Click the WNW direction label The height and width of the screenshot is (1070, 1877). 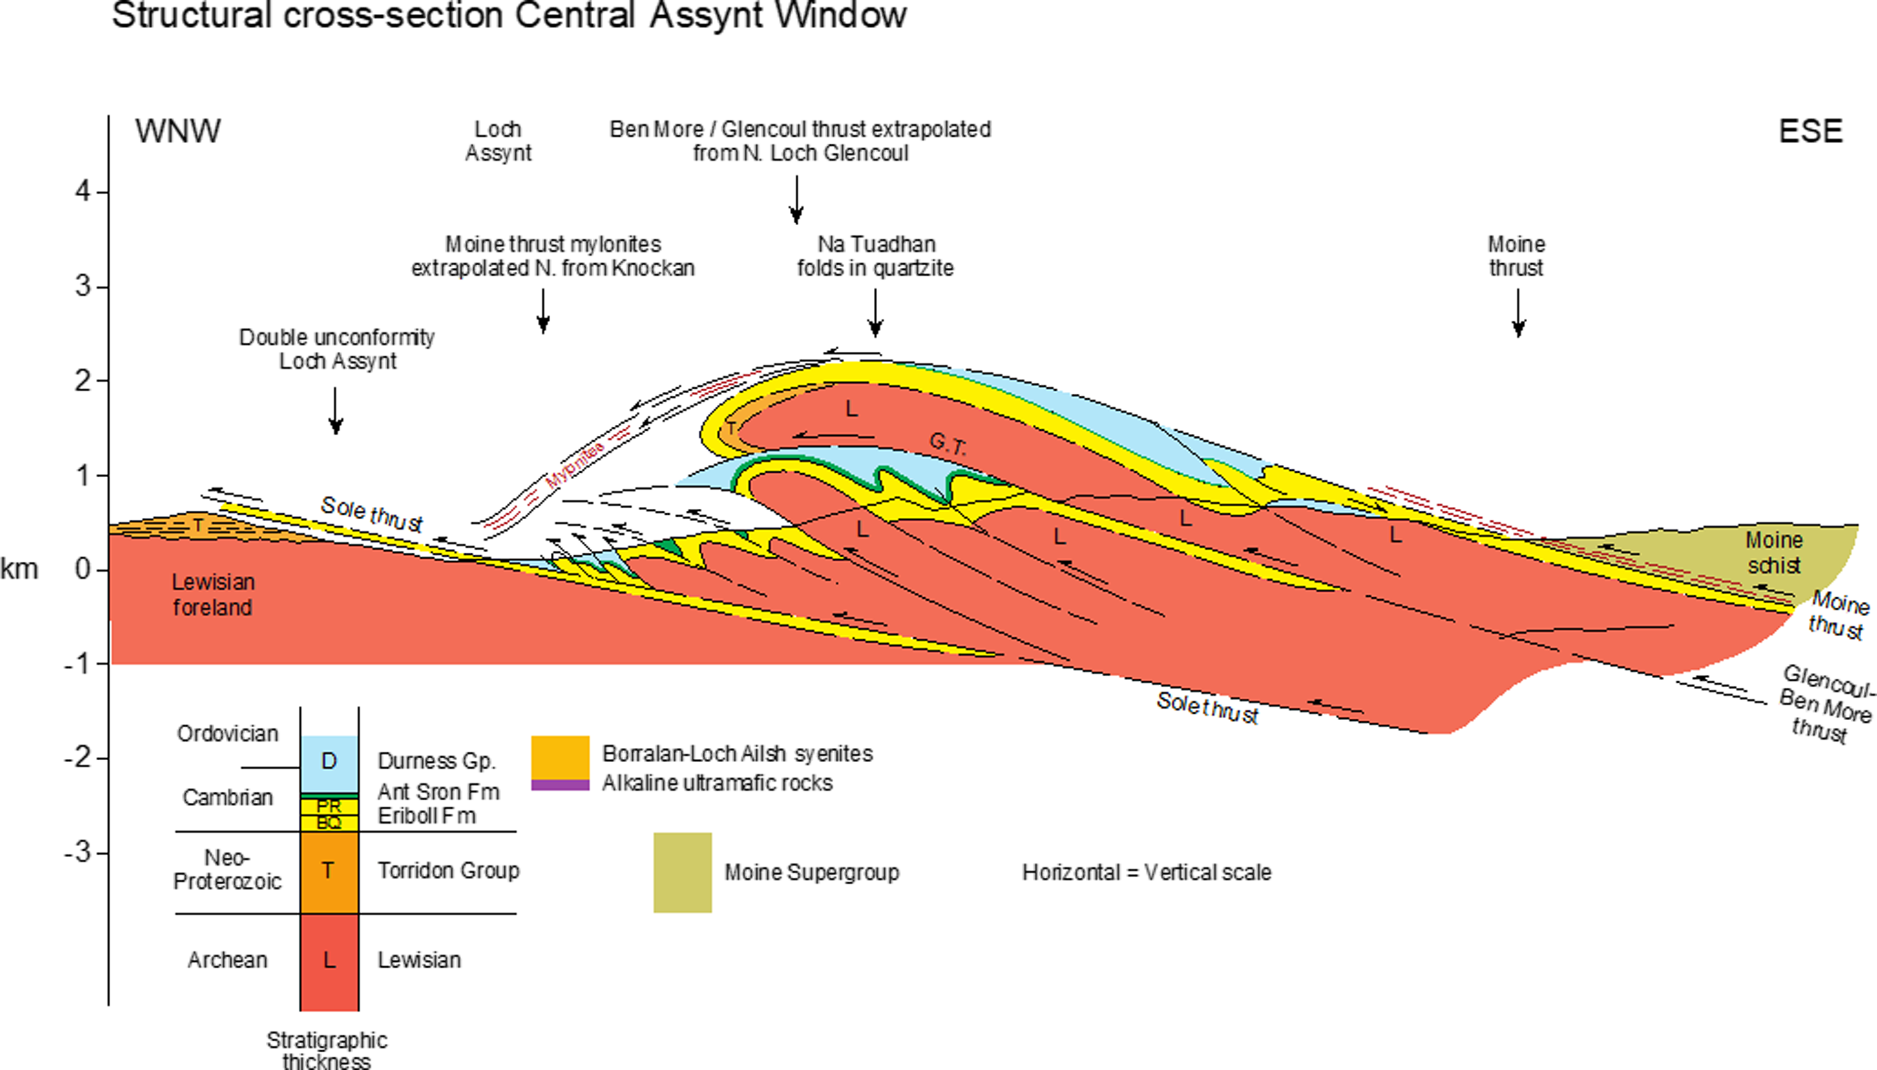pyautogui.click(x=177, y=131)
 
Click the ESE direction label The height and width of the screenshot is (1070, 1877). pyautogui.click(x=1810, y=131)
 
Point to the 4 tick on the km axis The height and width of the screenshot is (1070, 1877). pyautogui.click(x=83, y=192)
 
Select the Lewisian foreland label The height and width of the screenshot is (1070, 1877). pyautogui.click(x=213, y=594)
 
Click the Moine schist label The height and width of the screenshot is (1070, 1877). pyautogui.click(x=1773, y=553)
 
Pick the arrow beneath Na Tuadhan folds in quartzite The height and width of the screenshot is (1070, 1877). pyautogui.click(x=875, y=312)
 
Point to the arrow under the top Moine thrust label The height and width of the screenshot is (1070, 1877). pyautogui.click(x=1518, y=312)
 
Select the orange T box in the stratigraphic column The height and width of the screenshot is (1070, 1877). pyautogui.click(x=329, y=871)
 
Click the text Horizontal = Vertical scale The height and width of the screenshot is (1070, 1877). pyautogui.click(x=1146, y=872)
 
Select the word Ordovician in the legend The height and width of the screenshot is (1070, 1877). pyautogui.click(x=228, y=734)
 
